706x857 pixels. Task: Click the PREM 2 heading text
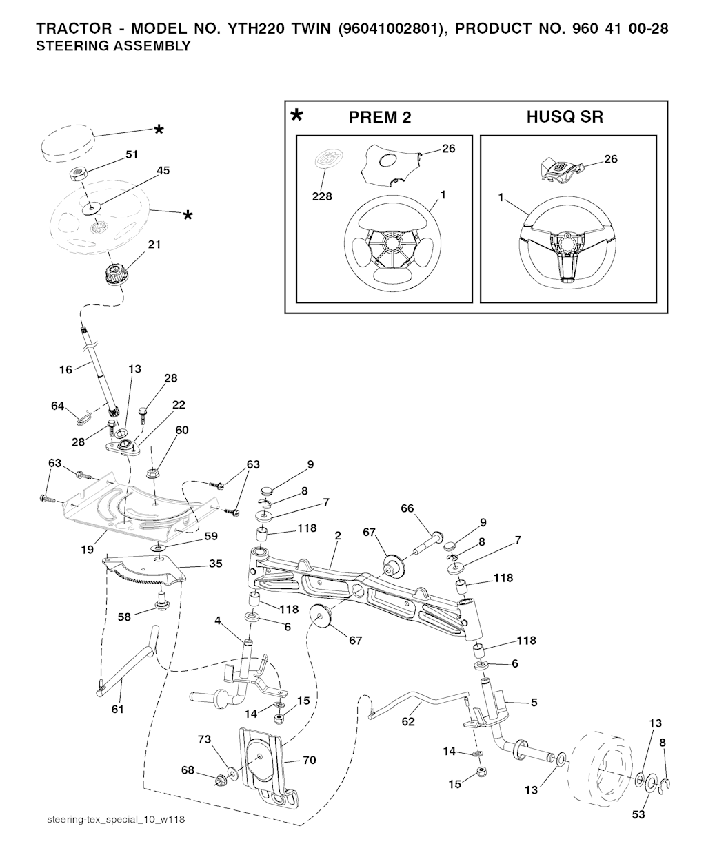tap(380, 118)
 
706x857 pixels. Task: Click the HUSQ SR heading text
tap(565, 117)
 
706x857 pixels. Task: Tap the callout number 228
tap(322, 196)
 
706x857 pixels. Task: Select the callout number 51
tap(131, 155)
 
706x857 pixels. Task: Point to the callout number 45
tap(163, 170)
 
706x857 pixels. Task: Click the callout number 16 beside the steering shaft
tap(65, 370)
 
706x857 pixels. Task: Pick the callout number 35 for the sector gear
tap(215, 564)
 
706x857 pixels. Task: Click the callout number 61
tap(118, 708)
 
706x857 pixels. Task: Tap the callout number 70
tap(309, 761)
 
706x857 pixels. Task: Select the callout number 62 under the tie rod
tap(408, 721)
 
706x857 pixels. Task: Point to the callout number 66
tap(407, 508)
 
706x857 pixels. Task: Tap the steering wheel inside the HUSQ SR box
tap(567, 250)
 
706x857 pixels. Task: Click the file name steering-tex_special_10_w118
tap(117, 820)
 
